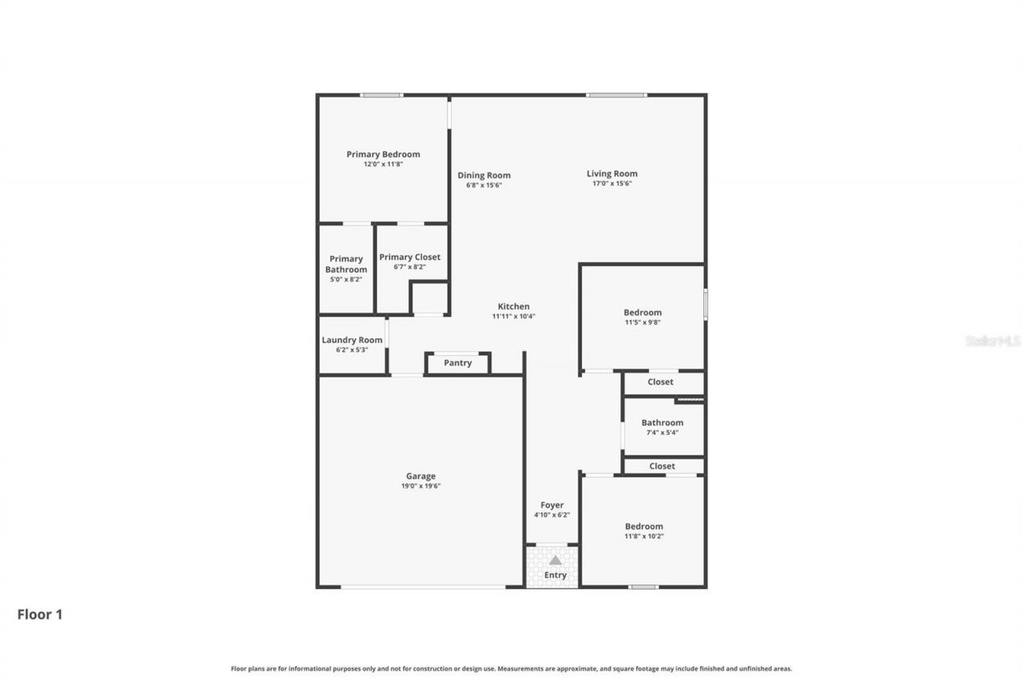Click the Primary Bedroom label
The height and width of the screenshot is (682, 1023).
pos(383,154)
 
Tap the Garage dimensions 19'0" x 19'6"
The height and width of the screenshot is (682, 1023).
pos(420,486)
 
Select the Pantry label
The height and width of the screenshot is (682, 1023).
pos(458,363)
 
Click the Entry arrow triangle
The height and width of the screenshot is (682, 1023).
pos(555,560)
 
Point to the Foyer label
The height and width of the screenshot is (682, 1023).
pos(551,505)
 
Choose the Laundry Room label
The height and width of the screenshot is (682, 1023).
pos(352,340)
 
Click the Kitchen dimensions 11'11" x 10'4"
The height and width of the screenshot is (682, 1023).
pos(513,317)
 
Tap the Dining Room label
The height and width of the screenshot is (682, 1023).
pos(484,175)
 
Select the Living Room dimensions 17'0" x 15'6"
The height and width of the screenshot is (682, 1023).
pos(611,184)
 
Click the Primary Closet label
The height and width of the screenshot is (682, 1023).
pos(409,257)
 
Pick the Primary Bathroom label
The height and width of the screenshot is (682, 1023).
pos(346,264)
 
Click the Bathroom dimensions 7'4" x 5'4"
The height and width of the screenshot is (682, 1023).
pos(662,433)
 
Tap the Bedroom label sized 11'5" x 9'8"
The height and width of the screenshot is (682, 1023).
pos(643,313)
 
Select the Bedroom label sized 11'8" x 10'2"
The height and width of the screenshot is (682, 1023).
pos(643,526)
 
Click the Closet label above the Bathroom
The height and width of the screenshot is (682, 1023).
pos(660,382)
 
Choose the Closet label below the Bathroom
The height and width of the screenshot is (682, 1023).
pos(662,466)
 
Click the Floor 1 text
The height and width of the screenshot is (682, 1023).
pos(40,615)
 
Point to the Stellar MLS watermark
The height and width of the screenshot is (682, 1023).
pos(993,341)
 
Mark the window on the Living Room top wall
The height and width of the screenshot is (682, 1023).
pos(616,95)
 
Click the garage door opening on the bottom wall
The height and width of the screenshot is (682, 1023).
pos(423,587)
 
